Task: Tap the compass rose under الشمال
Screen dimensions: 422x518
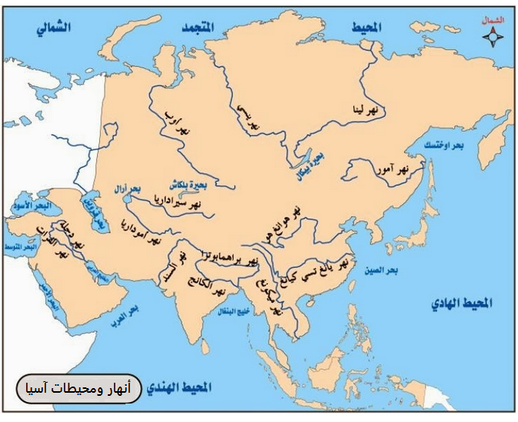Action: click(x=490, y=39)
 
